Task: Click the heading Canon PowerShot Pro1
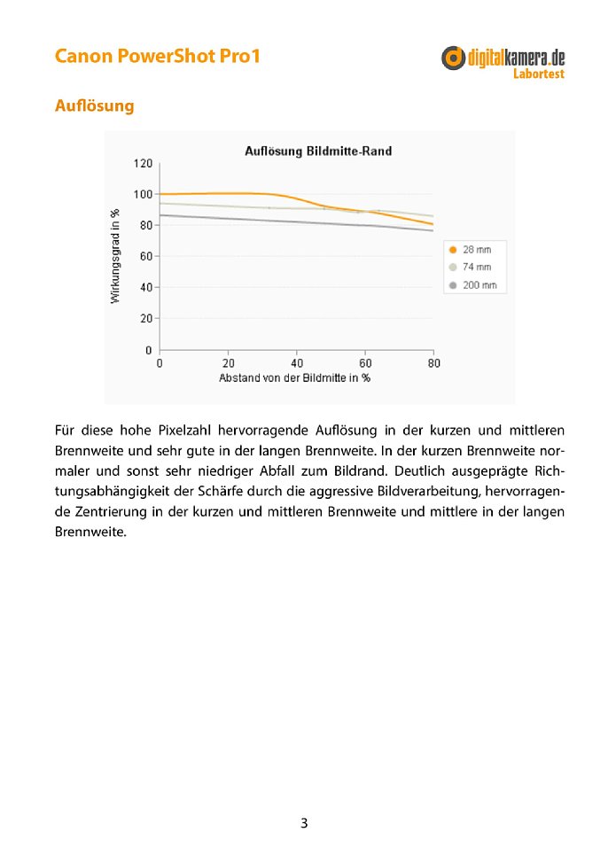pyautogui.click(x=157, y=57)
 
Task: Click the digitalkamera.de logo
pyautogui.click(x=503, y=58)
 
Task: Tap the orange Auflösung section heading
pyautogui.click(x=94, y=105)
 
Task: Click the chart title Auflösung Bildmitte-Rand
pyautogui.click(x=317, y=152)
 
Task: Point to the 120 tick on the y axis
pyautogui.click(x=143, y=163)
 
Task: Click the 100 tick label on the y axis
pyautogui.click(x=143, y=194)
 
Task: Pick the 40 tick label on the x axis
pyautogui.click(x=297, y=363)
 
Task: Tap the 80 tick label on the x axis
pyautogui.click(x=433, y=363)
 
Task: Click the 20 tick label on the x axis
pyautogui.click(x=228, y=363)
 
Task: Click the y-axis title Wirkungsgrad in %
pyautogui.click(x=115, y=256)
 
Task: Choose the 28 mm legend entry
pyautogui.click(x=476, y=250)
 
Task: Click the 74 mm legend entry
pyautogui.click(x=476, y=267)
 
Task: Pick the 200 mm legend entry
pyautogui.click(x=479, y=285)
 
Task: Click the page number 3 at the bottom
pyautogui.click(x=304, y=823)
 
